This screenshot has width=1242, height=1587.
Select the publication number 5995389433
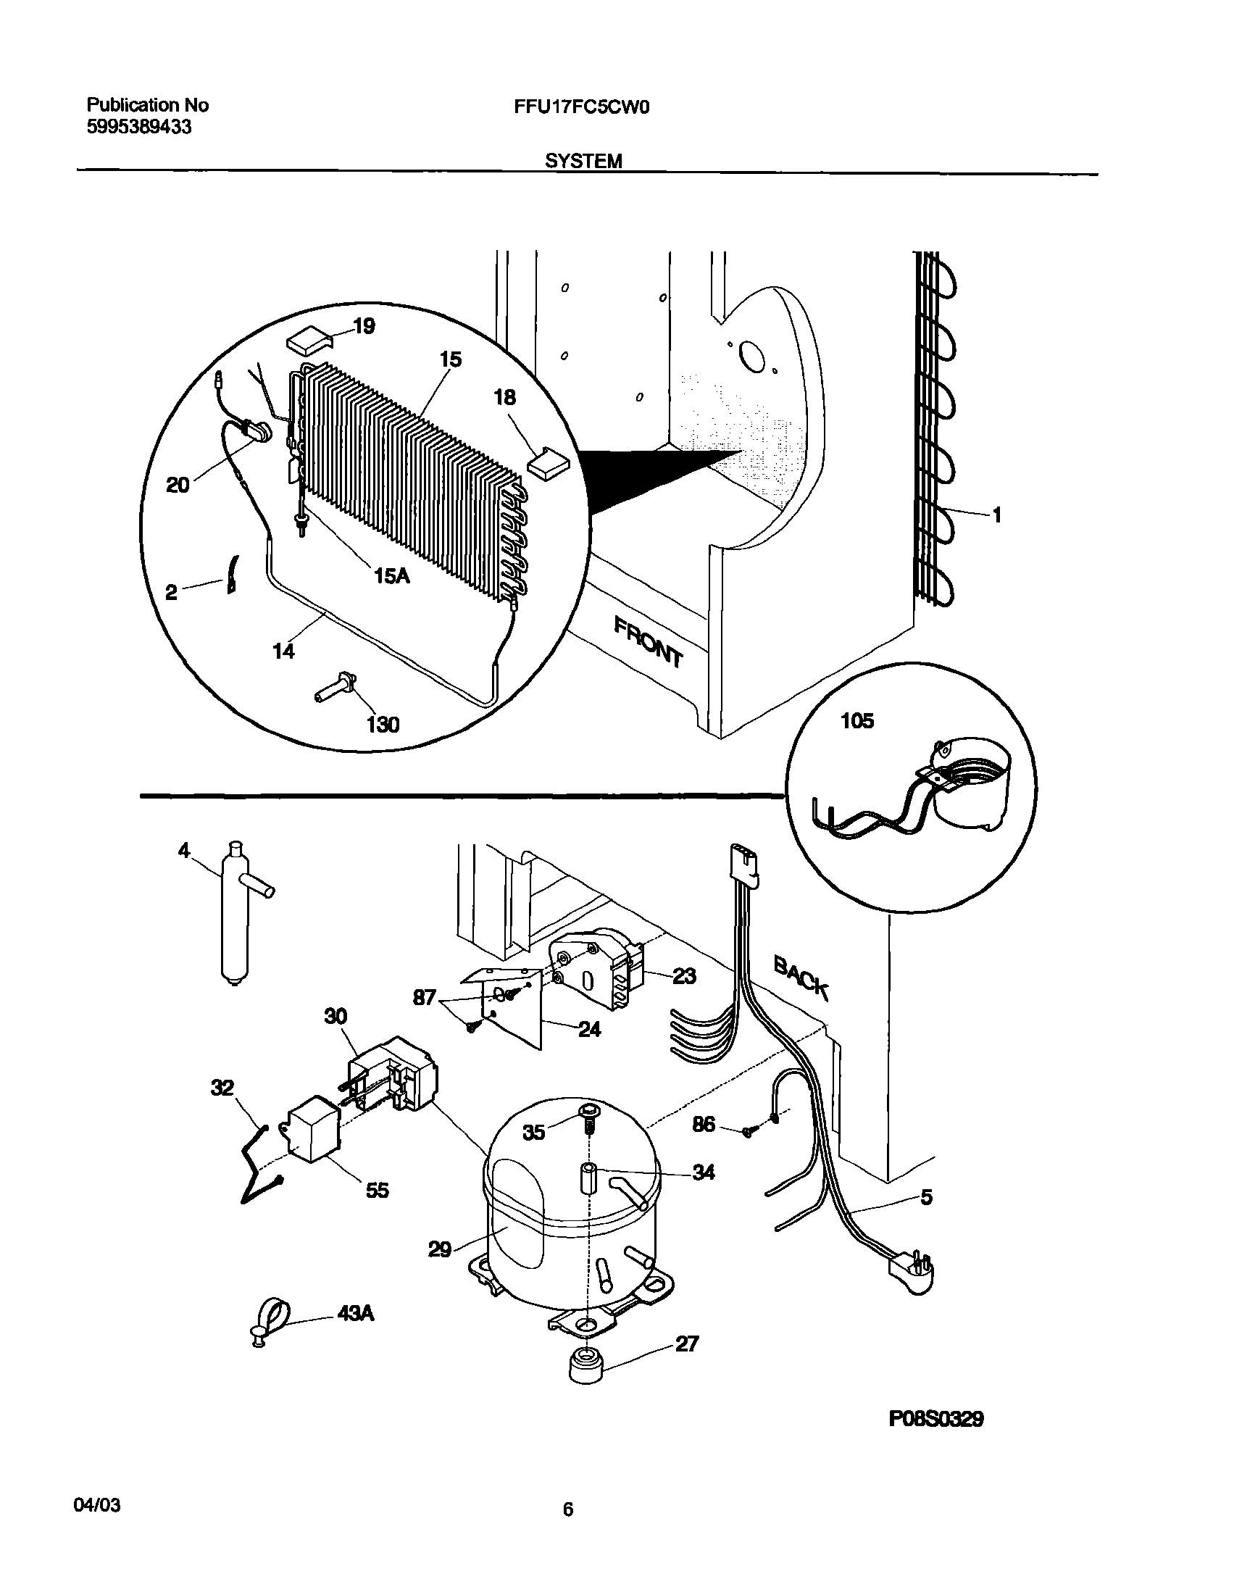click(x=140, y=128)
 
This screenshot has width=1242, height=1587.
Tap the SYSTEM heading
click(x=583, y=162)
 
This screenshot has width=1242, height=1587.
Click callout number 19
click(x=364, y=326)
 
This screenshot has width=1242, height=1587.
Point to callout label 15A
click(x=391, y=576)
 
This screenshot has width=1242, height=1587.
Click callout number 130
click(x=383, y=725)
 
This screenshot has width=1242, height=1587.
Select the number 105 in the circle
click(x=857, y=721)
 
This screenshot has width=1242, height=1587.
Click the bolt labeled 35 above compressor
click(x=589, y=1115)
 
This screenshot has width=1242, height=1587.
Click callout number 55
click(x=377, y=1190)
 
